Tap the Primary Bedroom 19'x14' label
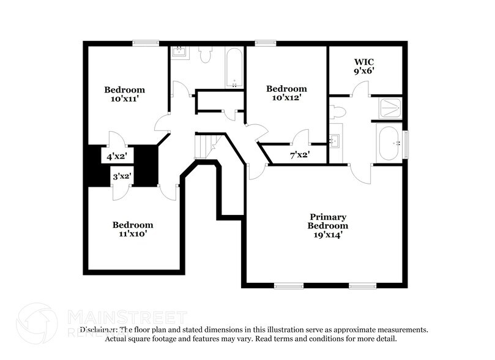pyautogui.click(x=328, y=225)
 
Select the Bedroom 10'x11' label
pyautogui.click(x=124, y=94)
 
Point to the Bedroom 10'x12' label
pyautogui.click(x=286, y=93)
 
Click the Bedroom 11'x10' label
pyautogui.click(x=133, y=229)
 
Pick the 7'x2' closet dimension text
pyautogui.click(x=299, y=155)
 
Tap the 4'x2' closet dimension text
pyautogui.click(x=116, y=157)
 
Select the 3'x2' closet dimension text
pyautogui.click(x=121, y=177)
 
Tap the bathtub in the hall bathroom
pyautogui.click(x=234, y=68)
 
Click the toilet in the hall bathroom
pyautogui.click(x=205, y=55)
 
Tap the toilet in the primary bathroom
pyautogui.click(x=337, y=111)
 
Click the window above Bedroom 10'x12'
pyautogui.click(x=265, y=43)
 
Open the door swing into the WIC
pyautogui.click(x=360, y=89)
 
